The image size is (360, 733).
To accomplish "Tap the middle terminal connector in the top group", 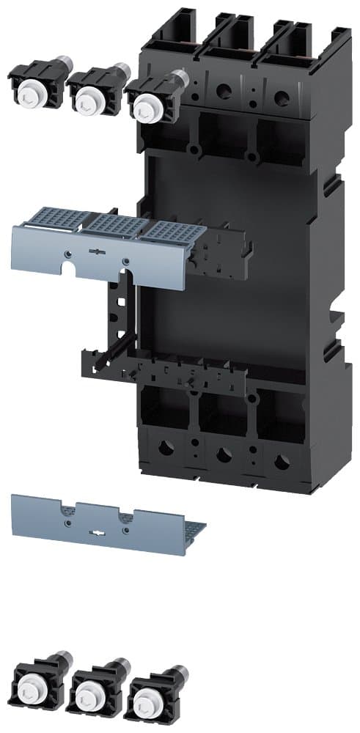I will coord(92,92).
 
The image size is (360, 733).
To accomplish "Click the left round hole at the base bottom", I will coord(167,448).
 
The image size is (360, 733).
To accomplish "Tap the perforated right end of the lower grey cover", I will coord(194,527).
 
